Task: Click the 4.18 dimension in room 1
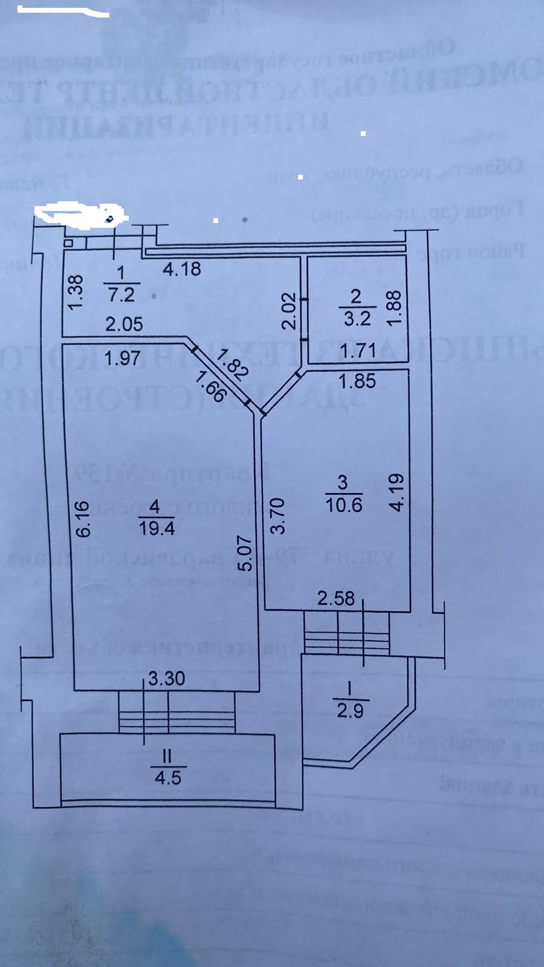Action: click(182, 268)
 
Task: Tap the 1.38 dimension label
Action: click(76, 293)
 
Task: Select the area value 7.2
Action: click(121, 296)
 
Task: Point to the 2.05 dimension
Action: click(124, 325)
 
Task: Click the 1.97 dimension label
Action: click(122, 358)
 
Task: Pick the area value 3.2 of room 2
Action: click(357, 319)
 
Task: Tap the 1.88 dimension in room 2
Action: click(393, 308)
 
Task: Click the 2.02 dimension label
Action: click(290, 311)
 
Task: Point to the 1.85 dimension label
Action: click(357, 381)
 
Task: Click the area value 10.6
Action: click(344, 504)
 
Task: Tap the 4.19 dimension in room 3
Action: click(397, 493)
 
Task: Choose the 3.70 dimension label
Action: click(277, 516)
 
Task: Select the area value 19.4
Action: click(157, 528)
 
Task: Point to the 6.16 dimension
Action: click(84, 518)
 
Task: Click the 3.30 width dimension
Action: click(167, 678)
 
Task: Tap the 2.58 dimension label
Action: click(337, 598)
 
